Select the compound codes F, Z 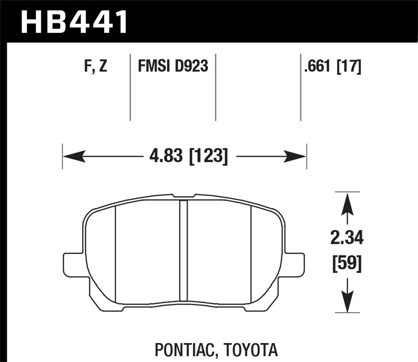point(96,66)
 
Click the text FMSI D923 point(173,66)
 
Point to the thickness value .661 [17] point(332,66)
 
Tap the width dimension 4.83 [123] point(188,157)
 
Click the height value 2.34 point(347,238)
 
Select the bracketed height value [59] point(347,264)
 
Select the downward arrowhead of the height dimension point(347,304)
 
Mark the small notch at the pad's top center point(183,196)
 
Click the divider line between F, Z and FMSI point(130,87)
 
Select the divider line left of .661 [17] point(301,87)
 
